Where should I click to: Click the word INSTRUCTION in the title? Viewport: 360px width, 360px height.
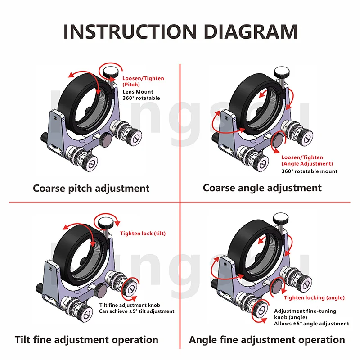click(130, 31)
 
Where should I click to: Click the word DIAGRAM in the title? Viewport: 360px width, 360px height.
click(251, 31)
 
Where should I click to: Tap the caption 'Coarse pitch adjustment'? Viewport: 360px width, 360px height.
click(91, 189)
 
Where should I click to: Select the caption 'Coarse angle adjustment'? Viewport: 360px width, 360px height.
click(262, 188)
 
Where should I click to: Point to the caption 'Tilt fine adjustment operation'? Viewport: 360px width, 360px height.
click(86, 340)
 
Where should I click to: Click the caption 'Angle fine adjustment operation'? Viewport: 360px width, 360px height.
click(267, 340)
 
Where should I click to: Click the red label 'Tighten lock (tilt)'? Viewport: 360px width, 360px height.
click(143, 234)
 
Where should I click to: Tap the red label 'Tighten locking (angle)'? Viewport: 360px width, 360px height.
click(314, 298)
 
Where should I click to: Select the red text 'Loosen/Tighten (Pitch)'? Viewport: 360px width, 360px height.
click(143, 81)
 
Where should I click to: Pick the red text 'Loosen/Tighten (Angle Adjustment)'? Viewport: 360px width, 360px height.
click(307, 161)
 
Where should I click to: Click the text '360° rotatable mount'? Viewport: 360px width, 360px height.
click(310, 171)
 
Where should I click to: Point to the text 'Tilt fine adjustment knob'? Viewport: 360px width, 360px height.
click(130, 305)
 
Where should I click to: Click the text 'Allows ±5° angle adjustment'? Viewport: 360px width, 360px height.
click(311, 324)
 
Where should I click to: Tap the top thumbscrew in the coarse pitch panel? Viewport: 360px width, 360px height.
click(111, 72)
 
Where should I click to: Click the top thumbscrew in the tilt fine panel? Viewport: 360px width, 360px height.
click(106, 223)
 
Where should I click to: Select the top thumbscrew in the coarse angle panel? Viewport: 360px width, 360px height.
click(282, 72)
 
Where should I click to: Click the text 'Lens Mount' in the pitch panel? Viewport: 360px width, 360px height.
click(138, 92)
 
